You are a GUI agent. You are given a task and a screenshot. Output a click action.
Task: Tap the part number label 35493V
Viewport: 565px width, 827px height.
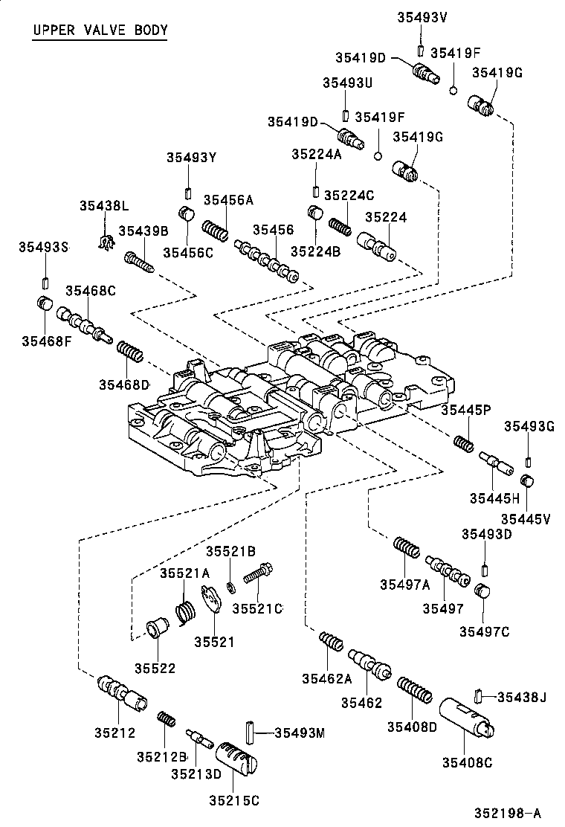point(422,17)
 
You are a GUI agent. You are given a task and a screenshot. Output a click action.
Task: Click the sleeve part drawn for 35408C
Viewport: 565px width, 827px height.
point(466,716)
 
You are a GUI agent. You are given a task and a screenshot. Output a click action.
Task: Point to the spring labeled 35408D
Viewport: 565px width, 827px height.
point(415,689)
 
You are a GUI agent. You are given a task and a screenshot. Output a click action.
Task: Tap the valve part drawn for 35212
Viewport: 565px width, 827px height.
point(122,692)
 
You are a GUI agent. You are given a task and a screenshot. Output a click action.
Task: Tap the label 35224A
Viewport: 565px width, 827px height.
point(316,154)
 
